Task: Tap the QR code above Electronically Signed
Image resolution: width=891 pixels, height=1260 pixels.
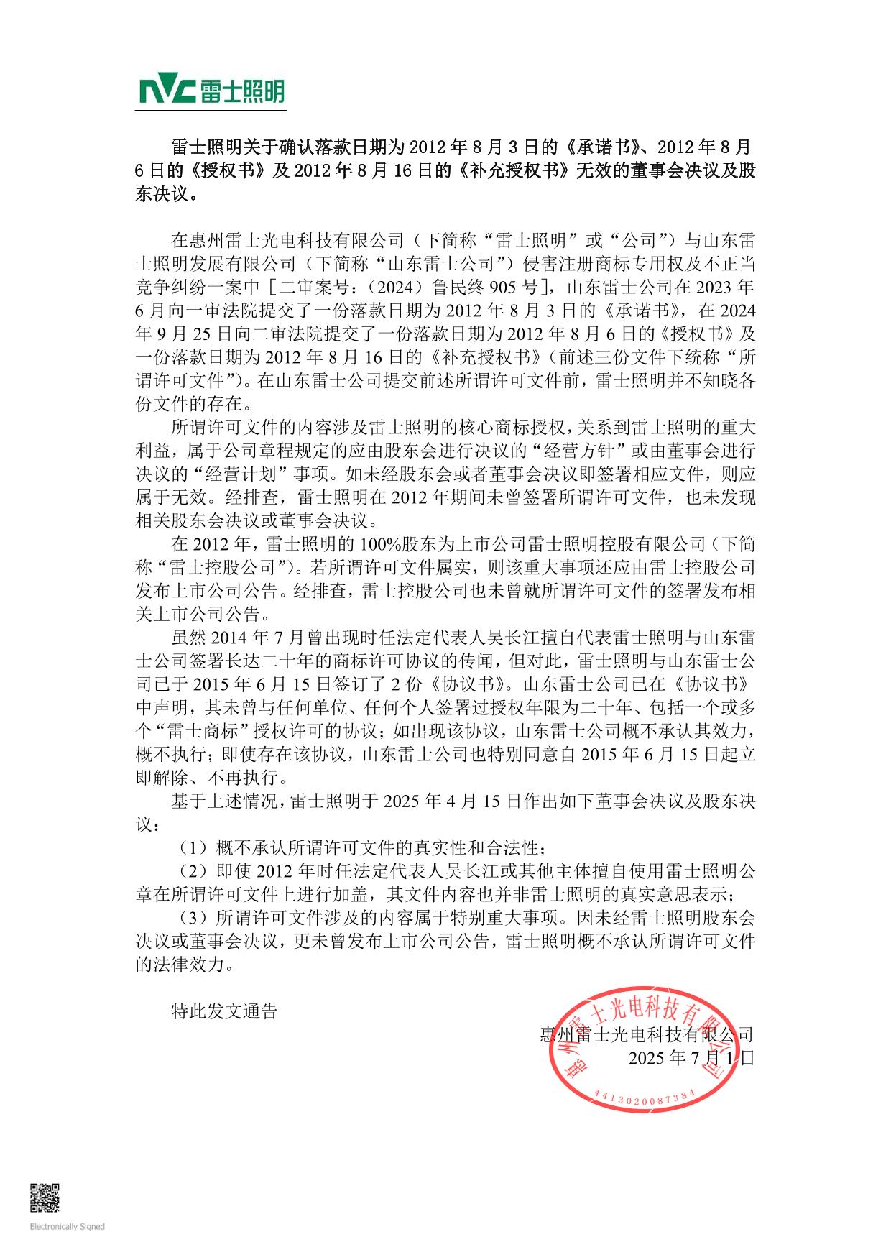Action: pyautogui.click(x=45, y=1197)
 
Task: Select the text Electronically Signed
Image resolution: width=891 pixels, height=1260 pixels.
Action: pyautogui.click(x=67, y=1227)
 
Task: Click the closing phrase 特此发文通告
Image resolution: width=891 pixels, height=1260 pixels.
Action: pyautogui.click(x=224, y=1011)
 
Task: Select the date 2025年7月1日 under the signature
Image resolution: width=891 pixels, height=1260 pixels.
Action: pyautogui.click(x=691, y=1058)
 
